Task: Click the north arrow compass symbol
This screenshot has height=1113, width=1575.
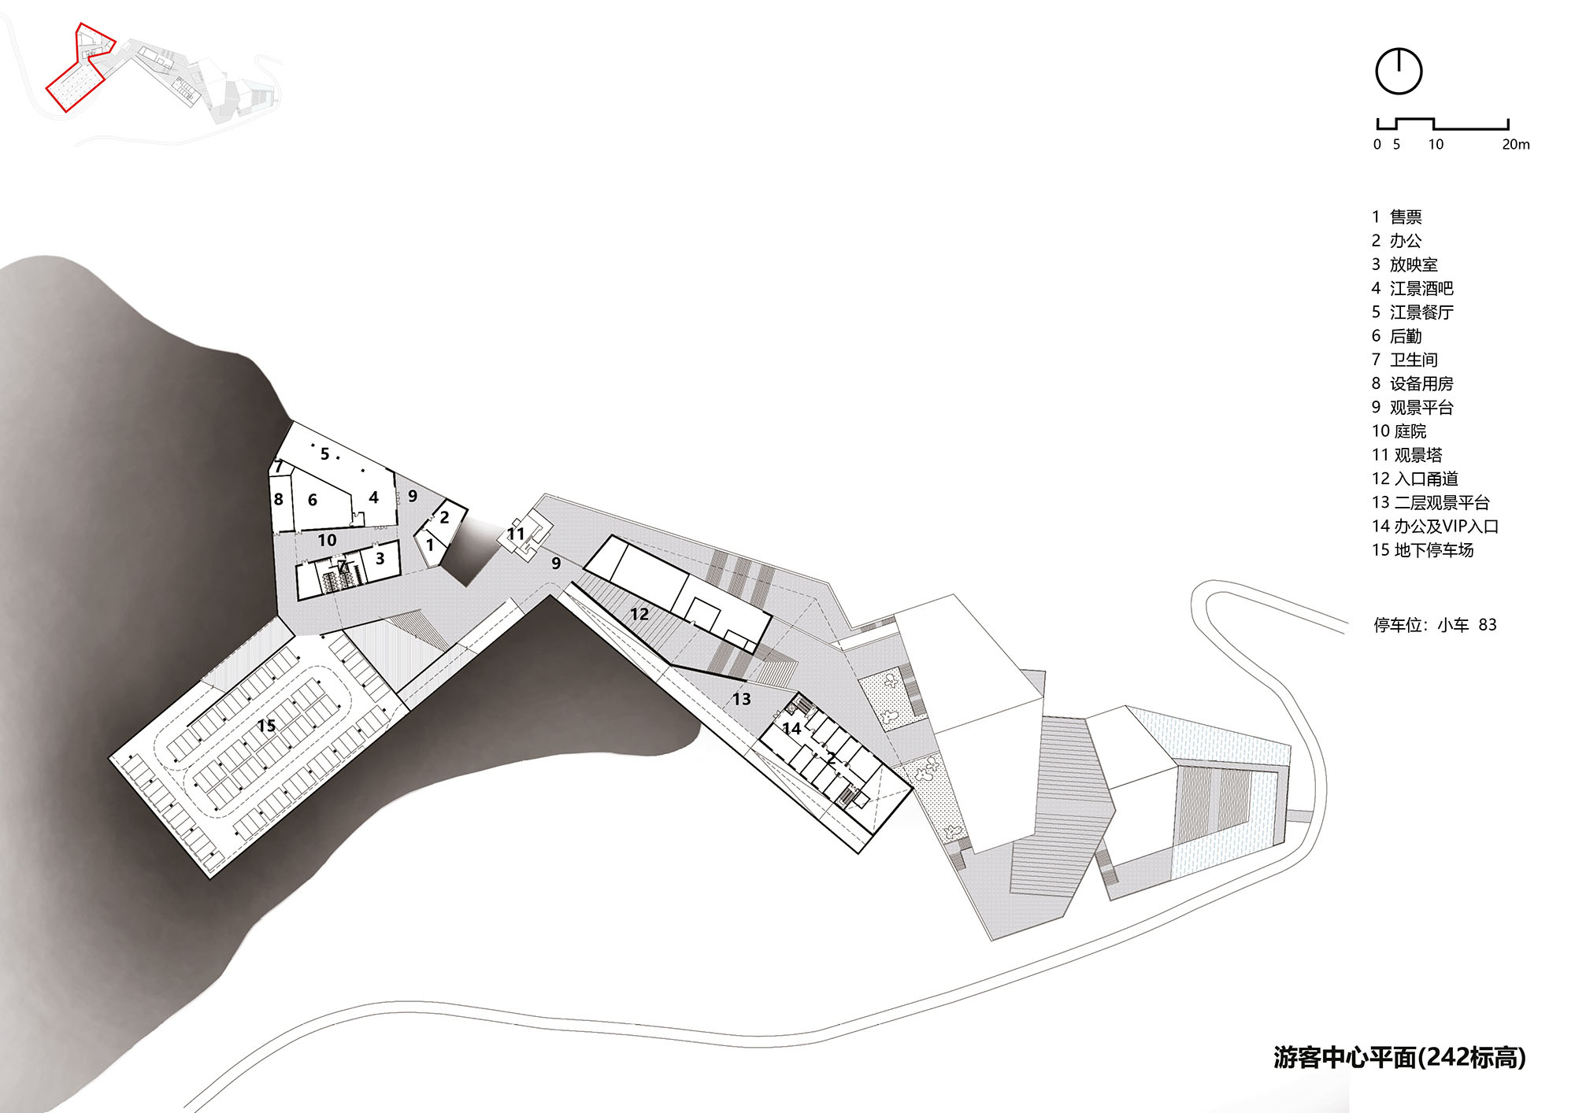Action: [x=1399, y=72]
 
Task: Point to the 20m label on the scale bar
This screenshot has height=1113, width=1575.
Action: [x=1515, y=145]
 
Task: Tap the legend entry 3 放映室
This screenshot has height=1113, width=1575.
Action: [x=1404, y=264]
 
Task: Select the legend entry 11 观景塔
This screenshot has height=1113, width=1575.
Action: [x=1406, y=455]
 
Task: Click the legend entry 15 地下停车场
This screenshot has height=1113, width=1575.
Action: [x=1421, y=550]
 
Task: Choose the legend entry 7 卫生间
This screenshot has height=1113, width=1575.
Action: [x=1404, y=360]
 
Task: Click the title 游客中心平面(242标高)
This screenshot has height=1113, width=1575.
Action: [x=1399, y=1057]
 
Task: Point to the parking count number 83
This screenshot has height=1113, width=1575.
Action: [x=1487, y=625]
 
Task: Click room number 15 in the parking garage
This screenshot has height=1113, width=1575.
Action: [x=266, y=725]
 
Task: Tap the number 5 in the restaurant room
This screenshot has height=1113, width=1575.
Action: [x=324, y=454]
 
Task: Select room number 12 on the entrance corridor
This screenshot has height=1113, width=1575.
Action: [x=639, y=614]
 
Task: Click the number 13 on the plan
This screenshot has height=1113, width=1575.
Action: [x=741, y=699]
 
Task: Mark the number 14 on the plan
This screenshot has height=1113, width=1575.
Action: [x=791, y=729]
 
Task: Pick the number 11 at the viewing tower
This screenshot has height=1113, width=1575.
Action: [x=516, y=534]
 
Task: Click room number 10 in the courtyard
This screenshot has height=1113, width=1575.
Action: [x=327, y=540]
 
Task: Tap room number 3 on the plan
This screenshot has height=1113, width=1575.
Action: [x=380, y=559]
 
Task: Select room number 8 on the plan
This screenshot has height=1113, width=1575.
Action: [x=278, y=499]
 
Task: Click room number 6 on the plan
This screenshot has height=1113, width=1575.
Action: [x=313, y=500]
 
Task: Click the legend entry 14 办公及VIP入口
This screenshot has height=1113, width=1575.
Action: [x=1434, y=527]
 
